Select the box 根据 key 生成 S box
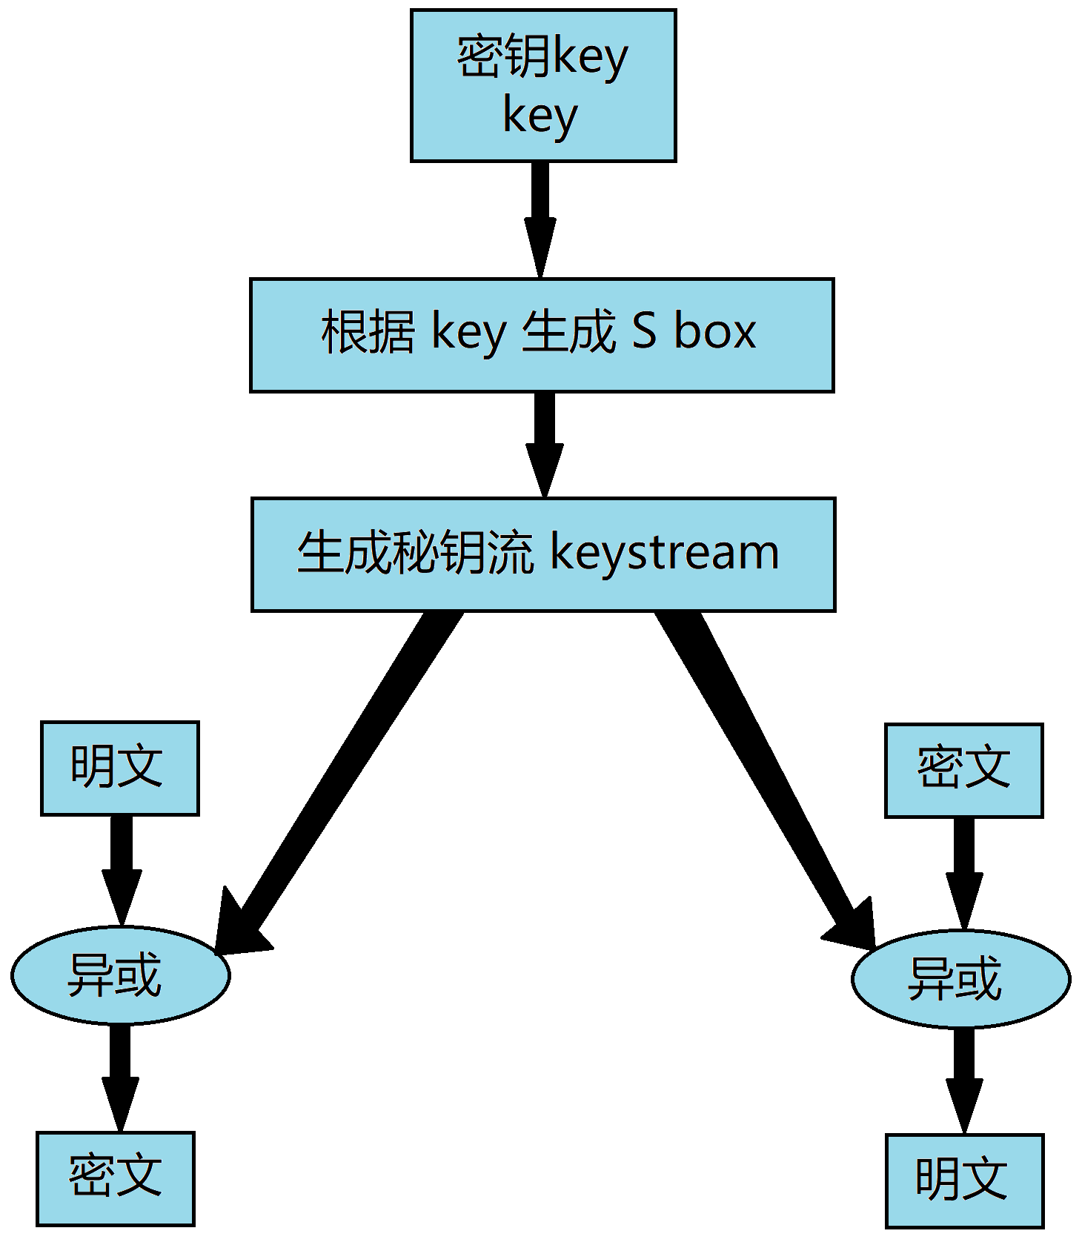coord(542,335)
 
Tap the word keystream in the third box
coord(665,553)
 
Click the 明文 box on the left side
coord(119,768)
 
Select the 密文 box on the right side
coord(963,770)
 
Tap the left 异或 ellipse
coord(120,975)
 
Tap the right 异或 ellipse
coord(960,979)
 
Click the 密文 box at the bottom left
coord(115,1178)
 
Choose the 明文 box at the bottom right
coord(964,1181)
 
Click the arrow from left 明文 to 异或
coord(121,867)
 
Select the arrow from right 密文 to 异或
coord(963,871)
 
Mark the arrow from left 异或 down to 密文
coord(120,1075)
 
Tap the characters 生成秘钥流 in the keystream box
coord(415,553)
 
